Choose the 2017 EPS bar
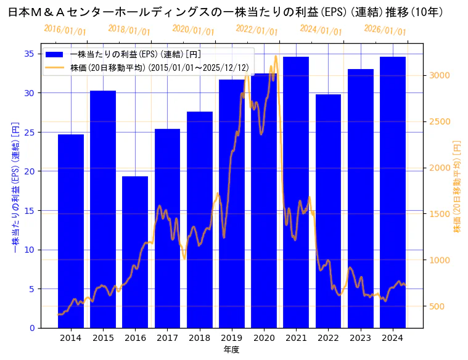(167, 228)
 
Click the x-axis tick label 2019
(232, 337)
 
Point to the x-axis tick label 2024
(393, 337)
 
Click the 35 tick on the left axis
(30, 54)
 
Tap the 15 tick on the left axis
(30, 210)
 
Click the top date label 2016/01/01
(65, 30)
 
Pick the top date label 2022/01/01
(257, 30)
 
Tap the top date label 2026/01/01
(385, 30)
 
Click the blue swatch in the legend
(54, 55)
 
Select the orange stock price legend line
(54, 67)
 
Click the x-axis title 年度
(231, 350)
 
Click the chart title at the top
(226, 12)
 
